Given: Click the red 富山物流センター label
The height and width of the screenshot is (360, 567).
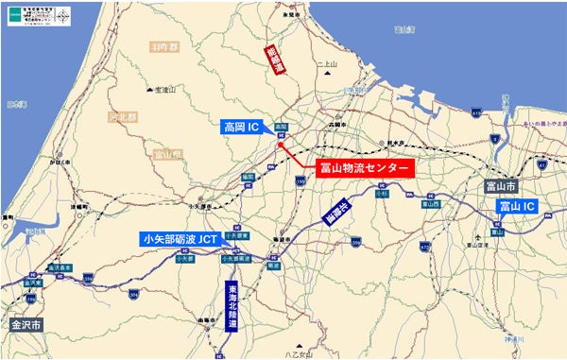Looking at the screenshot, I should [363, 167].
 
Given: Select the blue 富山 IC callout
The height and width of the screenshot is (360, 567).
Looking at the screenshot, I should [517, 205].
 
